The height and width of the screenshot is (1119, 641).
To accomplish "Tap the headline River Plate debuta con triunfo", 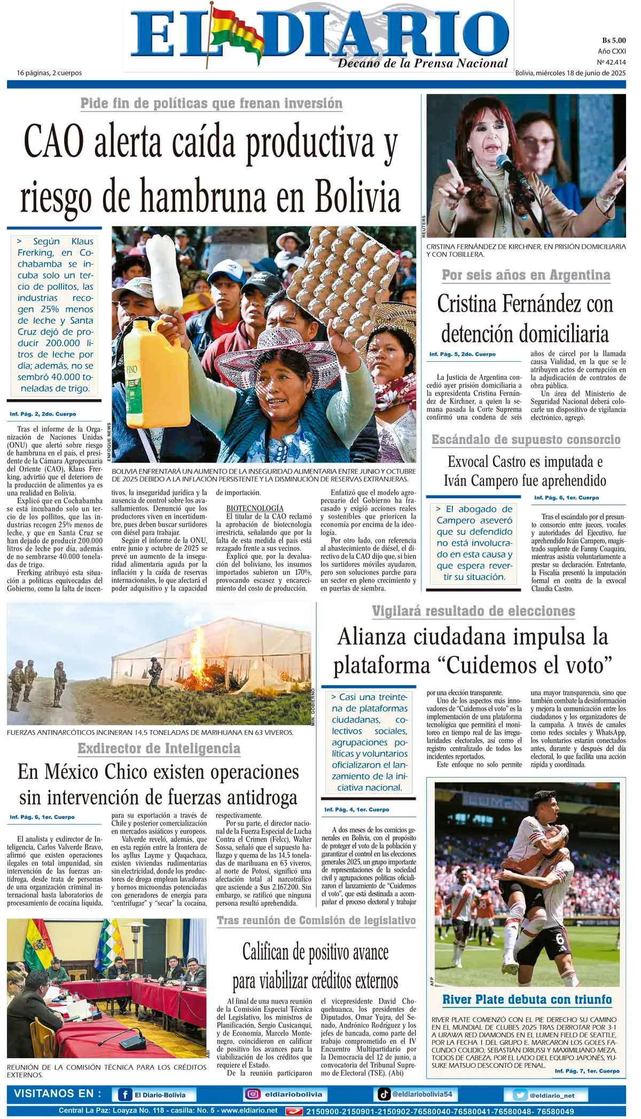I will tap(527, 999).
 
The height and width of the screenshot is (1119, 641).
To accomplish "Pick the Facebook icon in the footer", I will tap(124, 1095).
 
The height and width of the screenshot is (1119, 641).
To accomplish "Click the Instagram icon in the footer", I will tap(252, 1094).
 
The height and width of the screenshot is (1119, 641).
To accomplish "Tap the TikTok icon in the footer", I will tap(384, 1094).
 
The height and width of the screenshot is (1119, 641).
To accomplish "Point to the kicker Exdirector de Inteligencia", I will tap(159, 748).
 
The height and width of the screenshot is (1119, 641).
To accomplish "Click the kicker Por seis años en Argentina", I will tap(526, 275).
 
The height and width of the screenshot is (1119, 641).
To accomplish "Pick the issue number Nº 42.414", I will tap(611, 62).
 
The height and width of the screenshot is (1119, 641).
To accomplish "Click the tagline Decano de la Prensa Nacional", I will tap(422, 64).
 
